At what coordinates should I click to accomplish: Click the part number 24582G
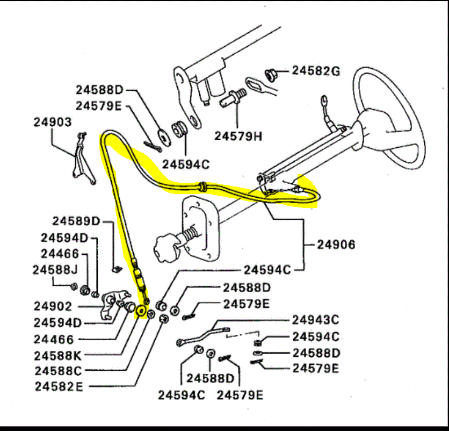click(x=316, y=70)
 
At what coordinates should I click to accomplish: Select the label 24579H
click(x=238, y=136)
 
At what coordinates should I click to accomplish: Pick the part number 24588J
click(x=55, y=270)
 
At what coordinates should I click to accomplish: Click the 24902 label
click(x=53, y=306)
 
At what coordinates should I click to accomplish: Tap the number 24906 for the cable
click(x=336, y=245)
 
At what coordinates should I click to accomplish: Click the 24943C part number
click(x=316, y=320)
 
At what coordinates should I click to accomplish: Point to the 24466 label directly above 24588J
click(x=60, y=254)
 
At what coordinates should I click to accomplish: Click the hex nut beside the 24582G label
click(x=271, y=73)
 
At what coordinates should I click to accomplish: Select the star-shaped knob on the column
click(x=164, y=249)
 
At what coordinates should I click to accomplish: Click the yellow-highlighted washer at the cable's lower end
click(x=142, y=311)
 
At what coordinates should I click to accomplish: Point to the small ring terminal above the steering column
click(x=324, y=99)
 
